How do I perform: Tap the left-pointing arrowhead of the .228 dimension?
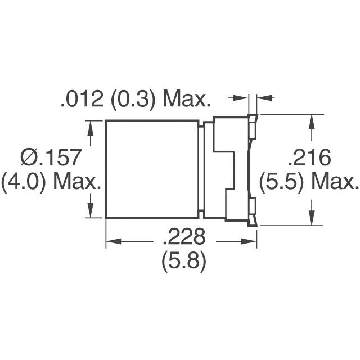(111, 242)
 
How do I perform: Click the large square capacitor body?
(152, 169)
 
